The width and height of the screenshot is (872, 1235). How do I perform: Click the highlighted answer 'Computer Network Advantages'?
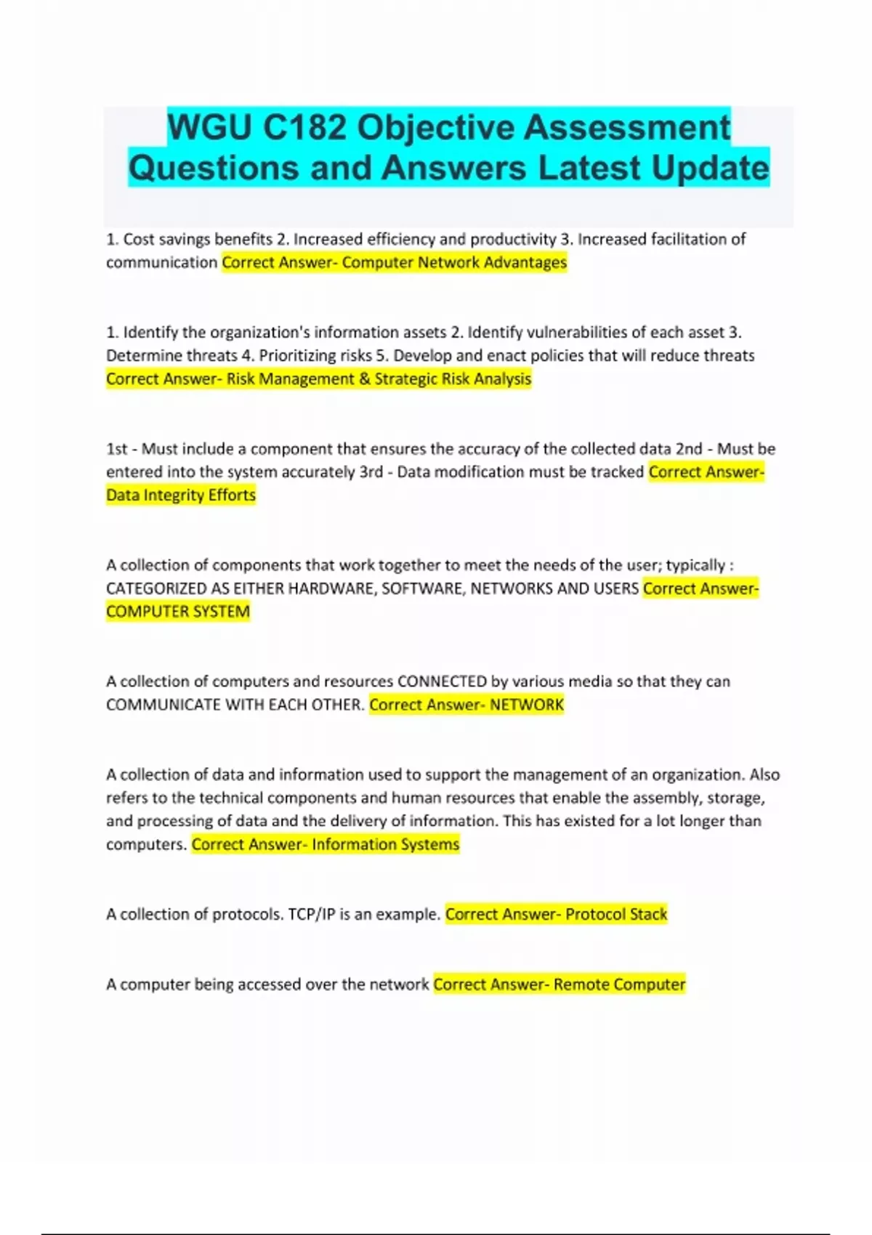pyautogui.click(x=454, y=262)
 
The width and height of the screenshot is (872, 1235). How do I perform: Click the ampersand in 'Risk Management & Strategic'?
pyautogui.click(x=363, y=379)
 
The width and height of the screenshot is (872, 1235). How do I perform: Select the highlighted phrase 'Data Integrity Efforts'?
pyautogui.click(x=181, y=495)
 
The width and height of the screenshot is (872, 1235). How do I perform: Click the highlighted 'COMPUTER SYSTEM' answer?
pyautogui.click(x=178, y=612)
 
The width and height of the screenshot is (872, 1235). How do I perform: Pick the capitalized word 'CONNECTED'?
pyautogui.click(x=442, y=681)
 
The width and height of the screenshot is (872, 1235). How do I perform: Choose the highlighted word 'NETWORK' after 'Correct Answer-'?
pyautogui.click(x=527, y=705)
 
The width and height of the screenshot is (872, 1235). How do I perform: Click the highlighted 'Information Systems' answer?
pyautogui.click(x=386, y=844)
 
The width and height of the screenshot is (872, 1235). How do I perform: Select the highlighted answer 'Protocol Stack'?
pyautogui.click(x=616, y=914)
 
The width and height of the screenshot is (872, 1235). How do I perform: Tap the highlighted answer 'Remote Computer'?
pyautogui.click(x=619, y=984)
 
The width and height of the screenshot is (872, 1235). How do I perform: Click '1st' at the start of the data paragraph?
pyautogui.click(x=117, y=449)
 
